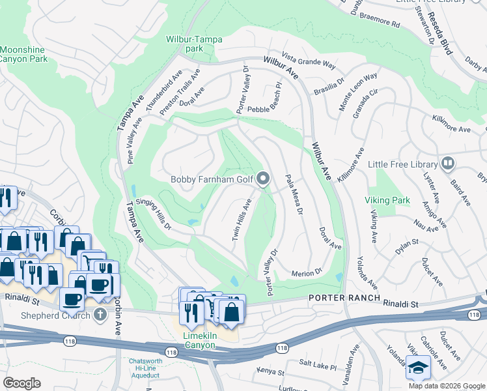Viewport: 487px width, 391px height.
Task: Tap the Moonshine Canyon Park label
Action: pos(23,54)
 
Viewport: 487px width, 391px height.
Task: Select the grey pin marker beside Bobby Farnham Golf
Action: pos(264,179)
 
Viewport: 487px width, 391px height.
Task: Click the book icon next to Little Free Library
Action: pos(448,164)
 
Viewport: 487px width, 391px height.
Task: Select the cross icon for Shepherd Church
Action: pos(99,315)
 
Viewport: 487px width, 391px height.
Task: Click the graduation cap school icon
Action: pos(418,368)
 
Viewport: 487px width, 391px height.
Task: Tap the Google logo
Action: pos(21,383)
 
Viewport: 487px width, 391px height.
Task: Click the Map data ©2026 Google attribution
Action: pos(447,386)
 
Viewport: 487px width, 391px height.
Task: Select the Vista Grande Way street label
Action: pos(309,61)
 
